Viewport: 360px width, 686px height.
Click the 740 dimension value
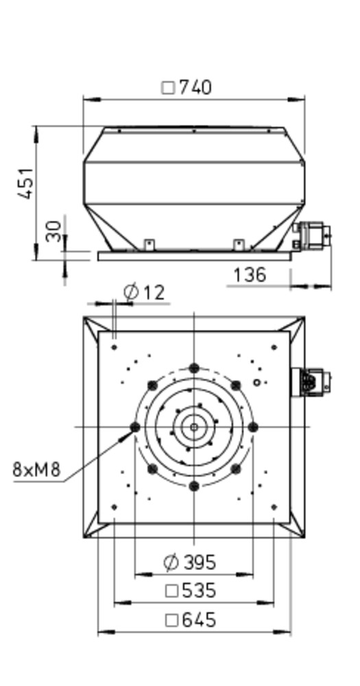(x=195, y=88)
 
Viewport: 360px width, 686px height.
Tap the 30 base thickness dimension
(x=53, y=231)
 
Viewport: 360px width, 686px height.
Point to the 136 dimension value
(x=250, y=275)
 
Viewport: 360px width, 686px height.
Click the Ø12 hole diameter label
(x=144, y=292)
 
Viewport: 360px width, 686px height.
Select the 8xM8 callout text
(x=36, y=469)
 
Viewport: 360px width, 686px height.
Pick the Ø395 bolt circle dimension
(x=190, y=563)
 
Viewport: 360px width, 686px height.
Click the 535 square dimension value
(x=199, y=591)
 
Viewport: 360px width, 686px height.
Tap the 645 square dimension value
(x=199, y=620)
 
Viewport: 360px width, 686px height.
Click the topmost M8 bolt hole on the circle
(x=194, y=368)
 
